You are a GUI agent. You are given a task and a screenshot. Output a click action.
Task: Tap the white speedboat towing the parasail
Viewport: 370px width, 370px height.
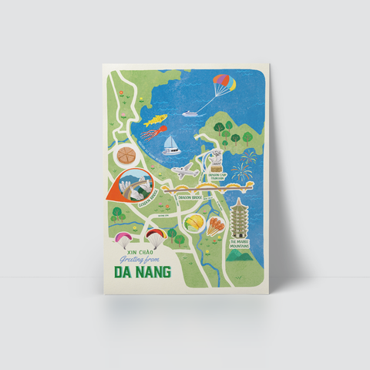190,115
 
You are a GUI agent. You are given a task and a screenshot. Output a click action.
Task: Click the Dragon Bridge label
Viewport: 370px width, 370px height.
189,197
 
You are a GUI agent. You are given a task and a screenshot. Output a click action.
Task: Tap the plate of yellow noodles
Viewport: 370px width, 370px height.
195,224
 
